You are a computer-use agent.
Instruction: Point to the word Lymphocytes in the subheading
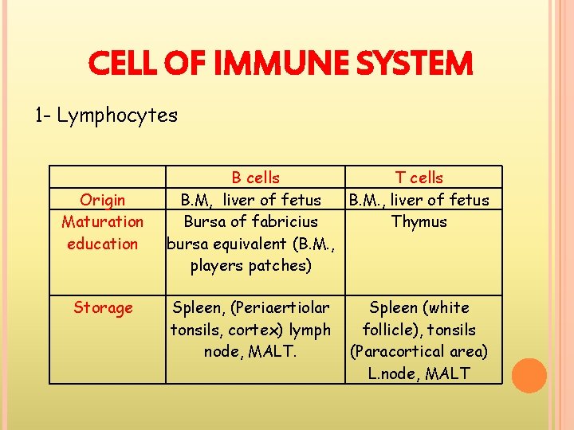point(117,115)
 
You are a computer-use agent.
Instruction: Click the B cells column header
point(255,178)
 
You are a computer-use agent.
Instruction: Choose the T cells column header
point(419,178)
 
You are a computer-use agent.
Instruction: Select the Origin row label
point(103,200)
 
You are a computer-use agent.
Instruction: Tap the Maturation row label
point(103,221)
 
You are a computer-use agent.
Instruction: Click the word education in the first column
point(103,244)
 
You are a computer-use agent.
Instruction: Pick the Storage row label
point(103,307)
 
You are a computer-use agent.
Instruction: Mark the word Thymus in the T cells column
point(419,221)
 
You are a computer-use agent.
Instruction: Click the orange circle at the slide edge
point(529,376)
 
